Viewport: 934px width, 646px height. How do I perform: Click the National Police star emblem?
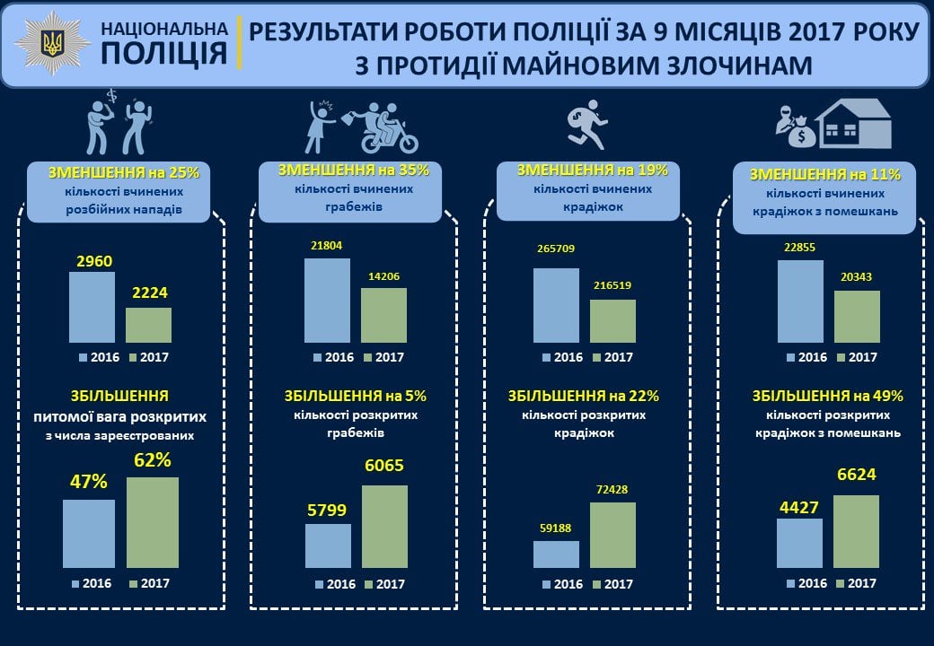click(53, 44)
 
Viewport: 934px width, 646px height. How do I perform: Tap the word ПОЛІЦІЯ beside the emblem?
click(163, 54)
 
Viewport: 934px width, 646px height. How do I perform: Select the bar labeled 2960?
click(93, 307)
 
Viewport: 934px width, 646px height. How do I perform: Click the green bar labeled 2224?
click(148, 325)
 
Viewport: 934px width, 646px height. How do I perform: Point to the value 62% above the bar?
click(152, 460)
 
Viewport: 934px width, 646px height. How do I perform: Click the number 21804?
click(327, 245)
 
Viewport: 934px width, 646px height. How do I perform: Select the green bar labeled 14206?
click(383, 315)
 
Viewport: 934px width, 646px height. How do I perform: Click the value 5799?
click(327, 510)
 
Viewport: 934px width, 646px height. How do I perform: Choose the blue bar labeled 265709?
click(556, 305)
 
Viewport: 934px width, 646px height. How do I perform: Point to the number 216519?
click(612, 285)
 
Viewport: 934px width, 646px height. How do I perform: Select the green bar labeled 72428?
click(612, 535)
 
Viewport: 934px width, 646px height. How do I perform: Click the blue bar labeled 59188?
click(556, 554)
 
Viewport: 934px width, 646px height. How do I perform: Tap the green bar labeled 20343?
click(857, 317)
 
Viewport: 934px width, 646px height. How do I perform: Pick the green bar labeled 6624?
click(856, 531)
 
